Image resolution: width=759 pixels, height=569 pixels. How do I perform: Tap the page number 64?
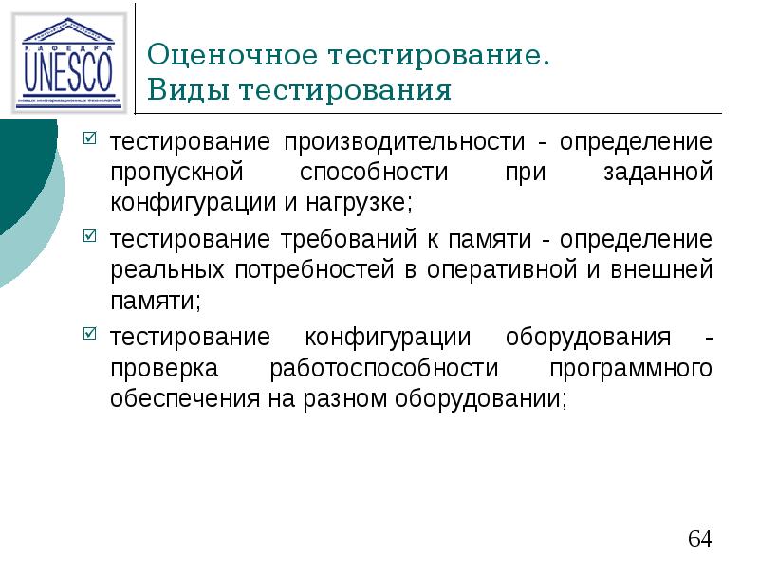pos(699,539)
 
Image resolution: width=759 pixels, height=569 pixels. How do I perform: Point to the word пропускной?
pos(177,173)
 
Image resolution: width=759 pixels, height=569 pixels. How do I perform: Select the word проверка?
pos(165,367)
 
